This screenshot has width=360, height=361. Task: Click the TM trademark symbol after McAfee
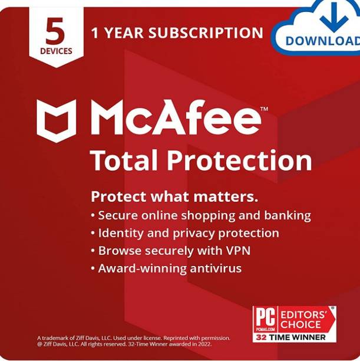pos(264,109)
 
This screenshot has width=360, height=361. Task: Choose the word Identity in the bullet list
pos(120,233)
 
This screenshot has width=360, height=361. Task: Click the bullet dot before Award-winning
pos(93,269)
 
